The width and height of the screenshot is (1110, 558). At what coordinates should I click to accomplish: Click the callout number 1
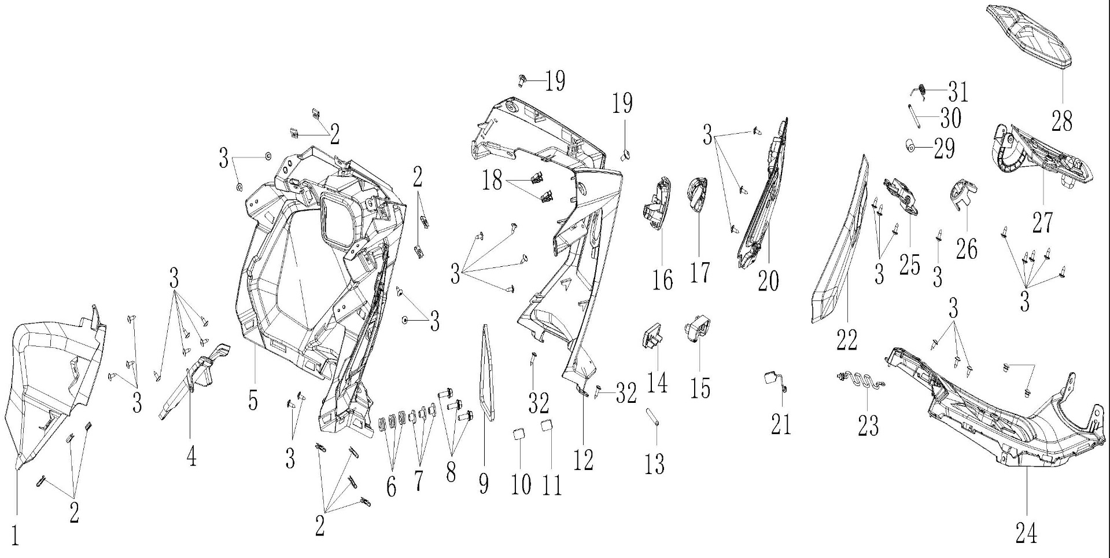click(x=16, y=535)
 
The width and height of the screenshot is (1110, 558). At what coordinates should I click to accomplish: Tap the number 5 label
click(x=253, y=399)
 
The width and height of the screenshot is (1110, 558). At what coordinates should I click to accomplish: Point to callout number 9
click(x=484, y=483)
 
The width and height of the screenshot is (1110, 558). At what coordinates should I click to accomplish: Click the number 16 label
click(x=663, y=280)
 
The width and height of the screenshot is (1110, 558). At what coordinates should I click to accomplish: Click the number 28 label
click(x=1062, y=121)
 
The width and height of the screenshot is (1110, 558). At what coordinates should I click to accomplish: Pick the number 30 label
click(x=950, y=119)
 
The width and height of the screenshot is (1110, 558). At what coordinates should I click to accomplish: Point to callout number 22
click(x=847, y=340)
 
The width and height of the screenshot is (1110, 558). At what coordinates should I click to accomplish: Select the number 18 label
click(x=493, y=181)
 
